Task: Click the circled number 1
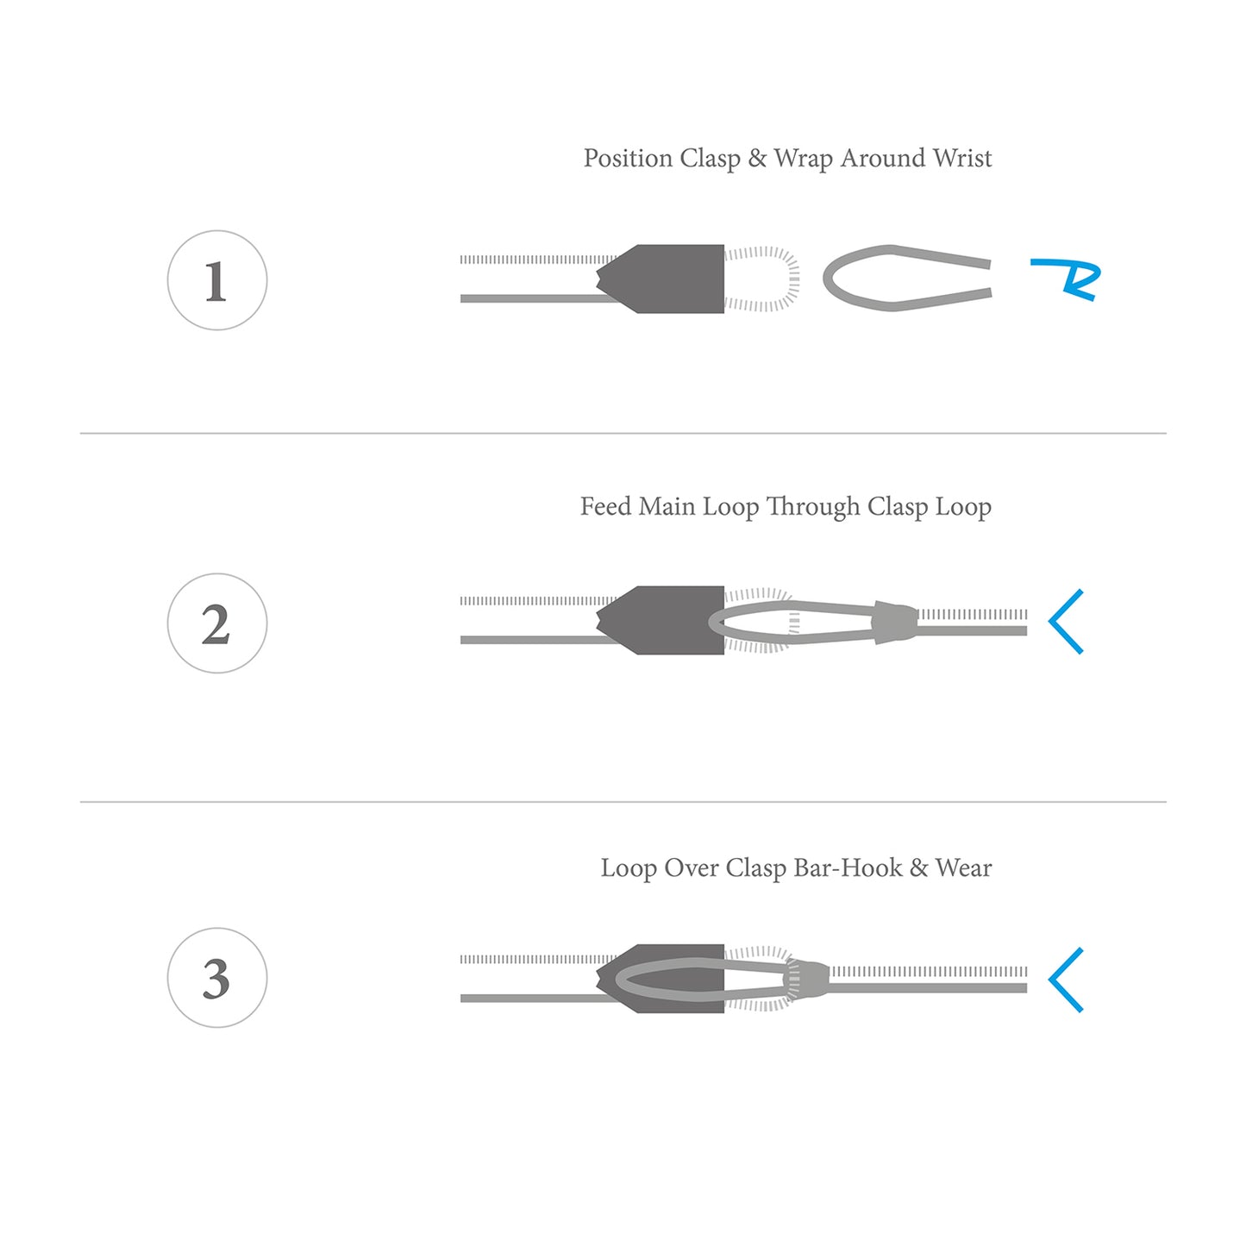[x=216, y=280]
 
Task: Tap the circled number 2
[x=216, y=623]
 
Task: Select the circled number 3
[x=216, y=977]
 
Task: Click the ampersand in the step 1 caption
[x=756, y=159]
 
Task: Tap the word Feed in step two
[x=605, y=506]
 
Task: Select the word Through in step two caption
[x=813, y=507]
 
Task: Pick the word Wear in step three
[x=963, y=867]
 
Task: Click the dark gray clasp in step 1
[x=663, y=279]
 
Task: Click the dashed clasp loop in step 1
[x=792, y=278]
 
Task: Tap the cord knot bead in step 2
[x=894, y=622]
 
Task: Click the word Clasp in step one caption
[x=710, y=159]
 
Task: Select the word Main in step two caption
[x=667, y=506]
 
